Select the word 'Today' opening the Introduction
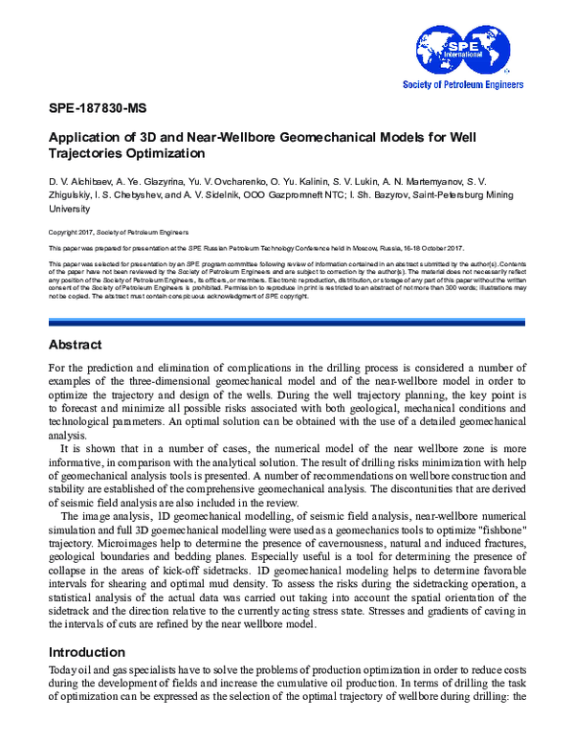pyautogui.click(x=62, y=673)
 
